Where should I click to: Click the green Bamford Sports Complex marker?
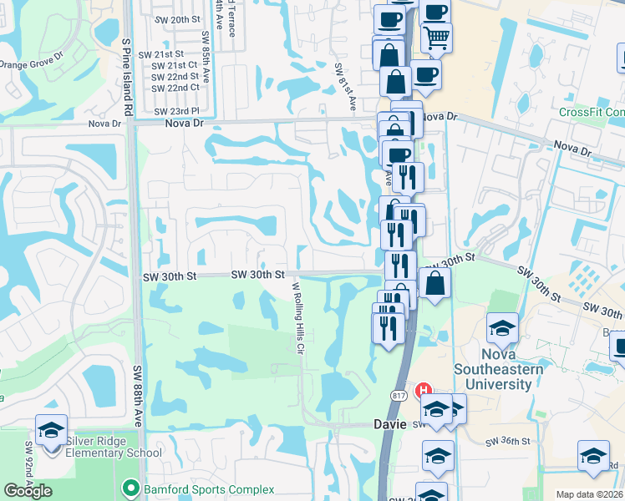pyautogui.click(x=130, y=488)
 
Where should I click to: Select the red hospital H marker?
pyautogui.click(x=424, y=390)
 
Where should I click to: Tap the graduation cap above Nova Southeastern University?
pyautogui.click(x=502, y=329)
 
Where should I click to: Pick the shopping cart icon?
pyautogui.click(x=436, y=38)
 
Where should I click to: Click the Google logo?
pyautogui.click(x=28, y=491)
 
